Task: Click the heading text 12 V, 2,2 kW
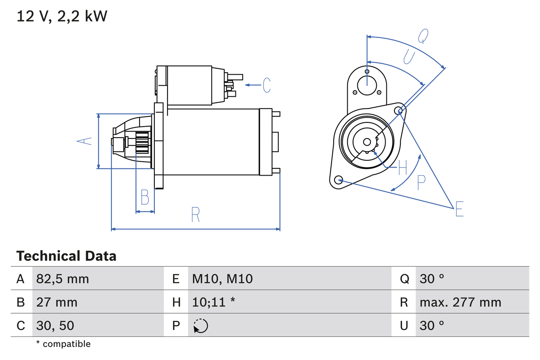coord(62,16)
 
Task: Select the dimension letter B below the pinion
coord(145,198)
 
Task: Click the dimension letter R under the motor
coord(195,215)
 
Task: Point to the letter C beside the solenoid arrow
coord(267,85)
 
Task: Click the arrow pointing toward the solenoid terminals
coord(253,85)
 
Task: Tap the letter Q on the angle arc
coord(423,37)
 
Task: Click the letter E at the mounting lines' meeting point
coord(459,209)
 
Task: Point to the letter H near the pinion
coord(402,168)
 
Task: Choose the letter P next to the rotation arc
coord(421,182)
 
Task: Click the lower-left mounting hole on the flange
coord(338,180)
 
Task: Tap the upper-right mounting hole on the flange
coord(400,111)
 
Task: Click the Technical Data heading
coord(66,256)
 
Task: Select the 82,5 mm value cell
coord(62,279)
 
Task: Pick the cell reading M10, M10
coord(222,279)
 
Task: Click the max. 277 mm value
coord(460,302)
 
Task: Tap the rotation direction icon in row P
coord(200,326)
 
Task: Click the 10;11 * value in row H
coord(213,302)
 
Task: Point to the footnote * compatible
coord(63,344)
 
